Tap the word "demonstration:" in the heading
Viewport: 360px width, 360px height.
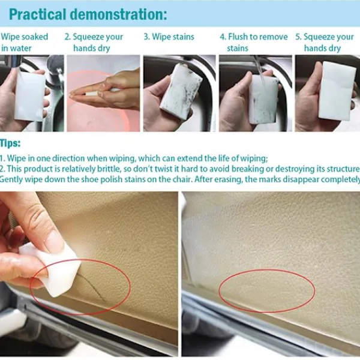(x=118, y=14)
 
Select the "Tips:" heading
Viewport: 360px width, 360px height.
(x=10, y=143)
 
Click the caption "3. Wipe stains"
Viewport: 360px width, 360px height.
(x=169, y=37)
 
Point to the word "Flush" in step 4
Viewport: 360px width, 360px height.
(x=238, y=37)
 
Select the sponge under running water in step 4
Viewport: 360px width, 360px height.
(x=263, y=99)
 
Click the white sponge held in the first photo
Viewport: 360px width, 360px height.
(x=30, y=96)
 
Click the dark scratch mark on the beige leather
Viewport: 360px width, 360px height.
(x=91, y=286)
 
